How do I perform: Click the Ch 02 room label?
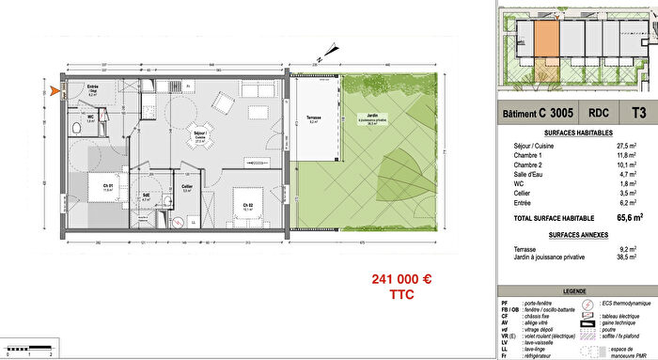247,205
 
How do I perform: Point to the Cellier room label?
188,186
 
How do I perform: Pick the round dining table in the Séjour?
200,134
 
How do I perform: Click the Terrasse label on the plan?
313,118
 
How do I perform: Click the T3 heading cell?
639,113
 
